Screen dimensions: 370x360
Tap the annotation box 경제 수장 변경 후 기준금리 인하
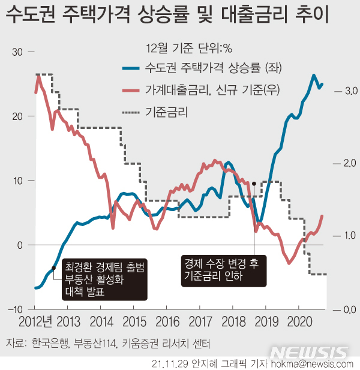[x=221, y=270]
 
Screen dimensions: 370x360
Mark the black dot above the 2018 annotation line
[x=254, y=184]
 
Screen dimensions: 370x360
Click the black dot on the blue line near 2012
[x=54, y=267]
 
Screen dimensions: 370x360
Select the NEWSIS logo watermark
[x=310, y=351]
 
